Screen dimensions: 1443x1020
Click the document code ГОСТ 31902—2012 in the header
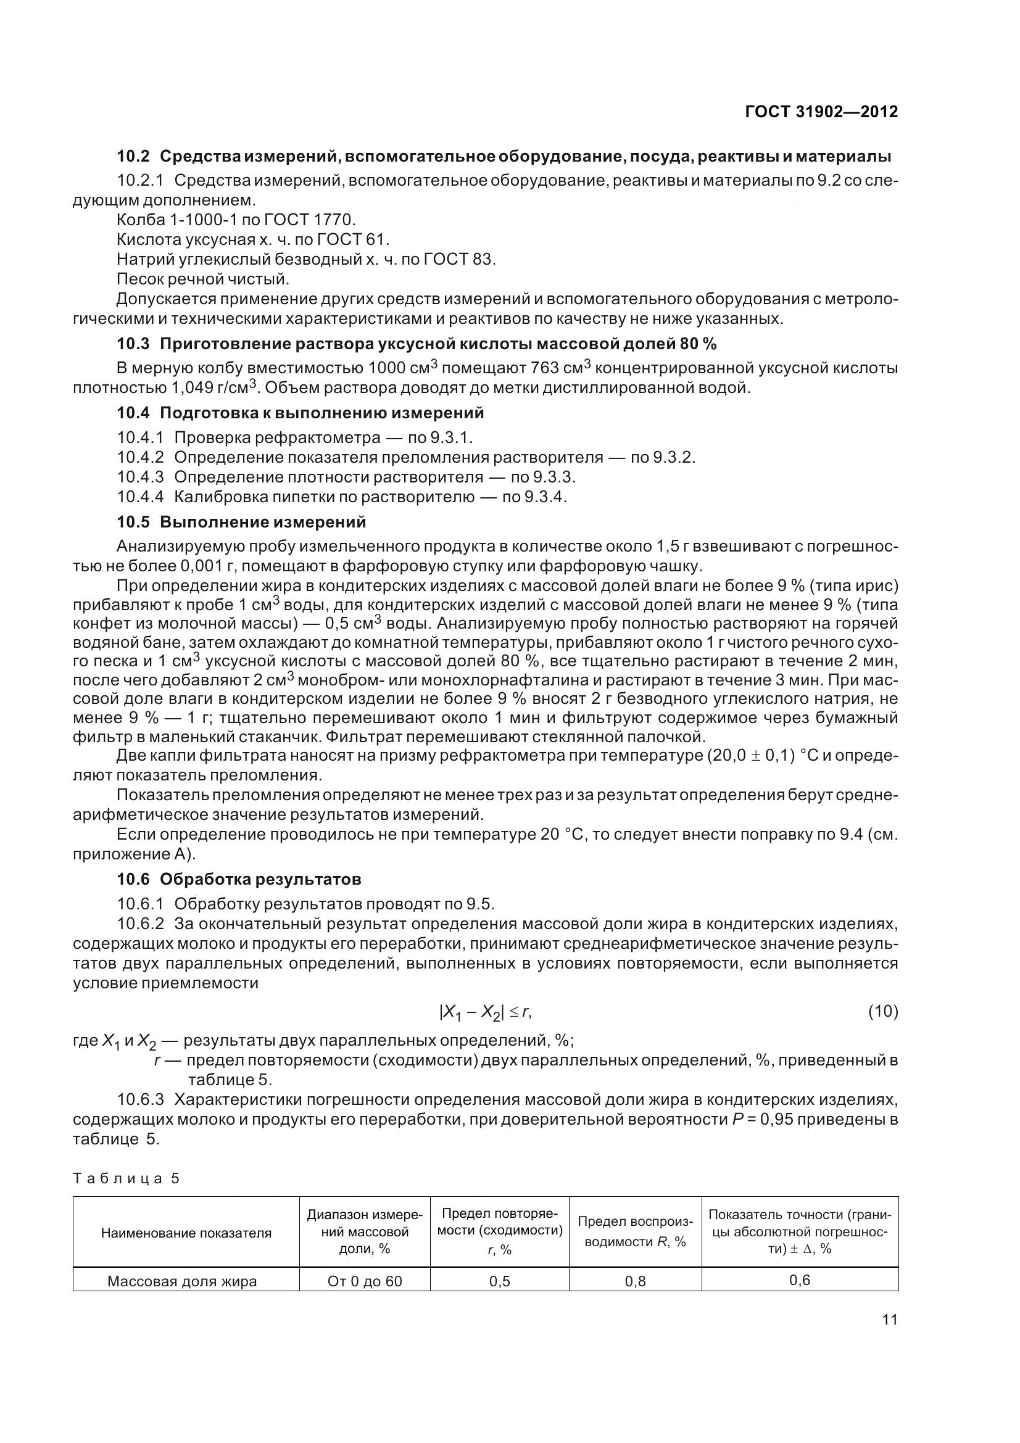(x=821, y=112)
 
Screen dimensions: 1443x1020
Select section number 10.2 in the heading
(x=134, y=156)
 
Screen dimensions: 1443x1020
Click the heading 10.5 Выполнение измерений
(x=241, y=523)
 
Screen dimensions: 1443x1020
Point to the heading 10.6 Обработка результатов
(x=239, y=879)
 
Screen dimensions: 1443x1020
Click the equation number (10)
(x=882, y=1011)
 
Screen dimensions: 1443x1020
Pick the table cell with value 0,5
(x=500, y=1281)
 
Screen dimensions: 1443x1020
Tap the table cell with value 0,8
(x=636, y=1281)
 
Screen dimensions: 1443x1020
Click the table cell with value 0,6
(x=800, y=1280)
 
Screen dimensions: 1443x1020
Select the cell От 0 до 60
(x=365, y=1281)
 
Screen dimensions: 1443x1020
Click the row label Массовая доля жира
(x=182, y=1281)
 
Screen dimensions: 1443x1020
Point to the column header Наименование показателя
(x=186, y=1233)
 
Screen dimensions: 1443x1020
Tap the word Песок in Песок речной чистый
(x=139, y=278)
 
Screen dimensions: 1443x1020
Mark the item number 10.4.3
(x=140, y=477)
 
